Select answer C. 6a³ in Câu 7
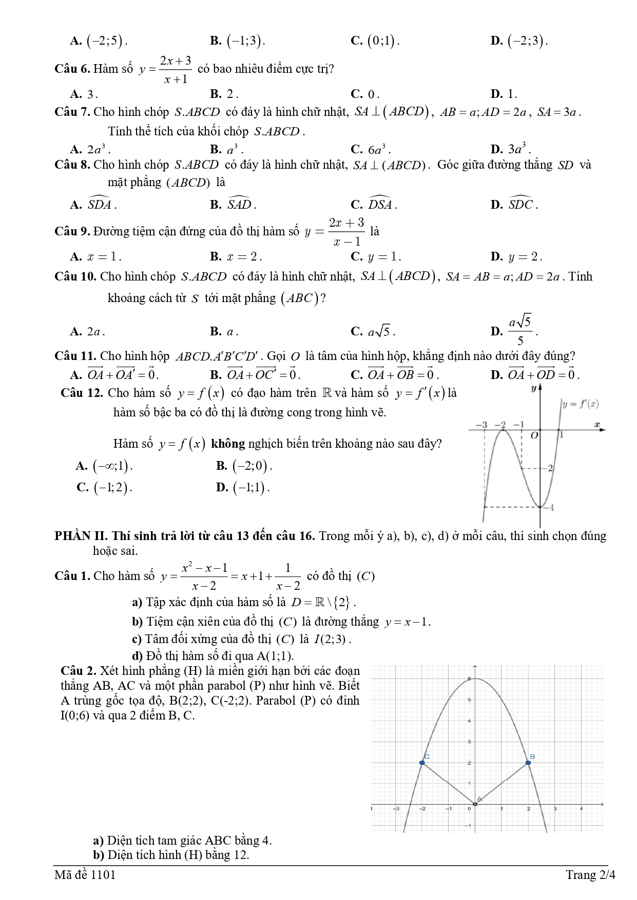click(x=371, y=149)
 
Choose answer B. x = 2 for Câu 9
click(x=236, y=256)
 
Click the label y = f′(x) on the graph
click(x=581, y=404)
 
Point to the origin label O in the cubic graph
click(x=534, y=435)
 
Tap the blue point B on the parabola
click(x=528, y=763)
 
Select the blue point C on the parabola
click(x=422, y=763)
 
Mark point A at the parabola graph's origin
click(x=475, y=804)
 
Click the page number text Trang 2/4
click(x=590, y=874)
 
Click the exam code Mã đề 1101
click(x=85, y=874)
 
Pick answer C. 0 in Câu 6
click(x=365, y=94)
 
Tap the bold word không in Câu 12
click(x=227, y=444)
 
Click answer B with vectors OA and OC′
click(x=256, y=374)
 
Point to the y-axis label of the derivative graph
click(x=533, y=388)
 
